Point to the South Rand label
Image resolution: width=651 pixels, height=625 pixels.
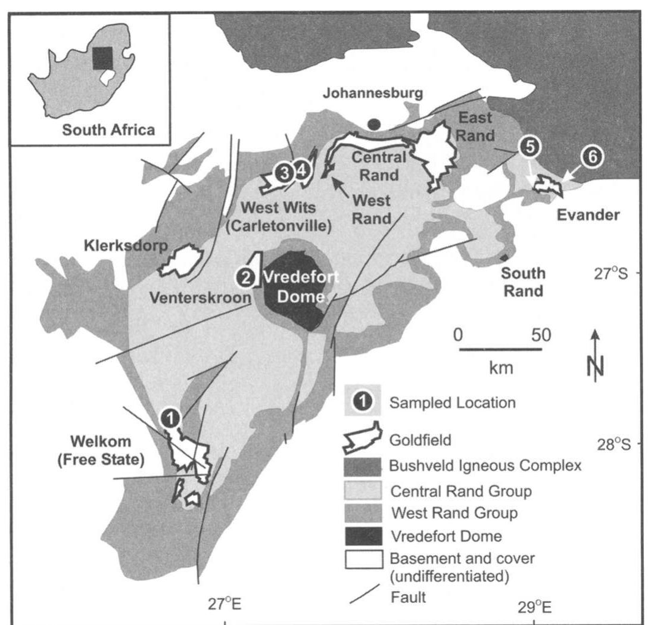[x=522, y=282]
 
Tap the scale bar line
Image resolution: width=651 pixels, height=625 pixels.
[x=500, y=349]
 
